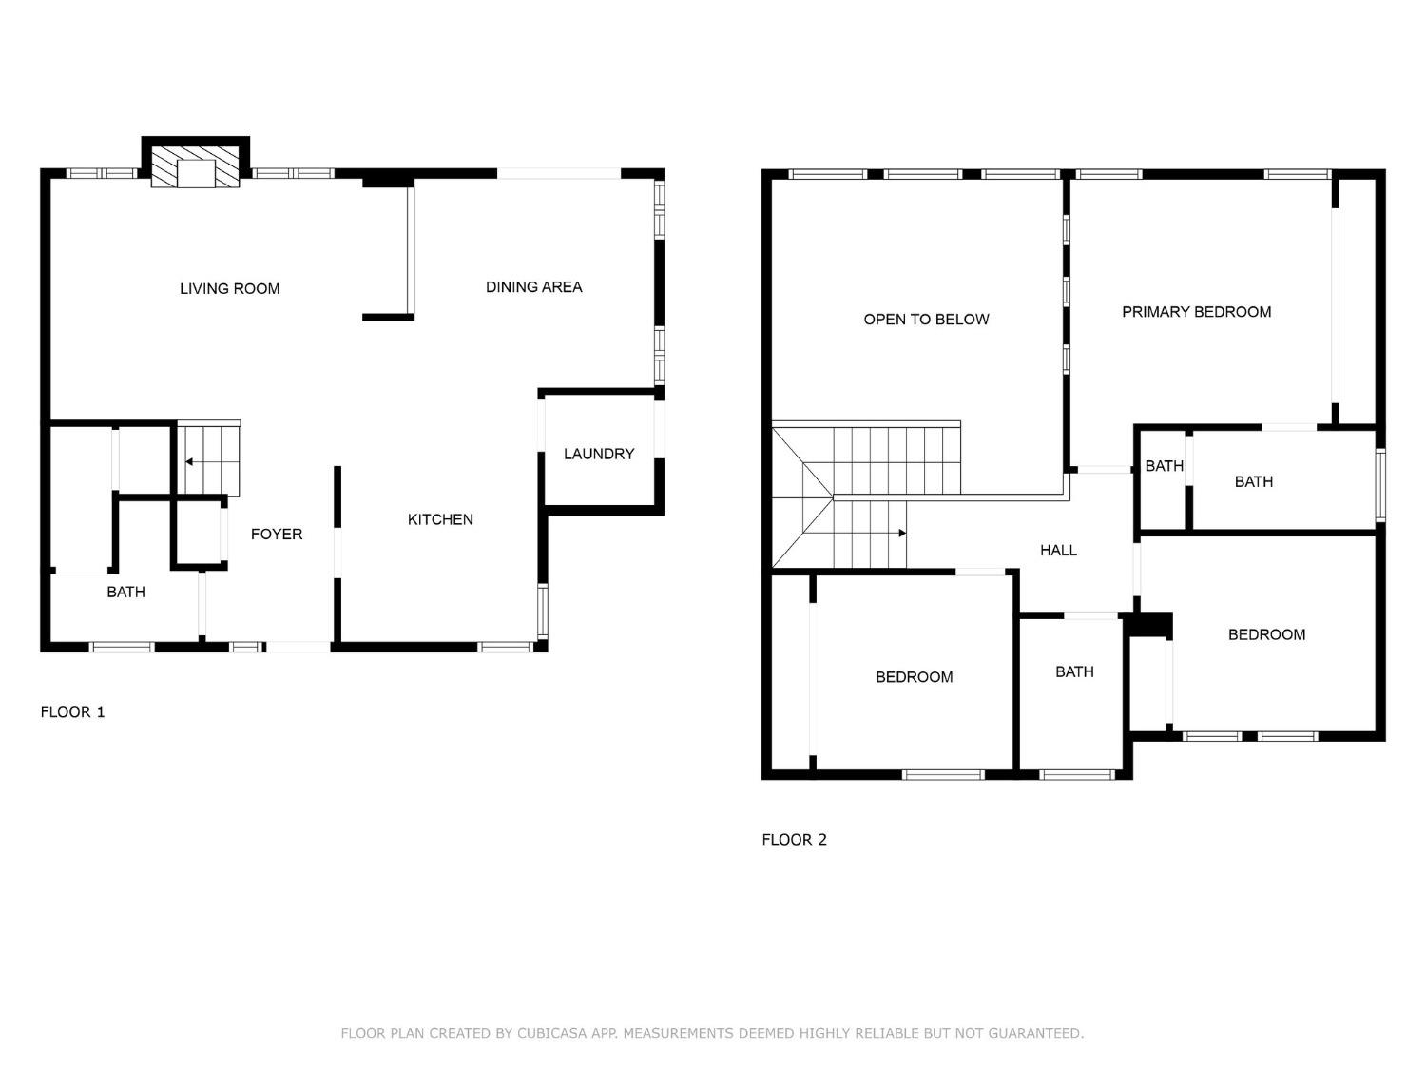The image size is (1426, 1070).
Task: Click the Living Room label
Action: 229,288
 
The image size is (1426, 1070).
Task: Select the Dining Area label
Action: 533,286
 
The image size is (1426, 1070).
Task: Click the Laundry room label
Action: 598,454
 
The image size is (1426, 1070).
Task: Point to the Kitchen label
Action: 440,519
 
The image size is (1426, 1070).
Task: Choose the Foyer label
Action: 277,534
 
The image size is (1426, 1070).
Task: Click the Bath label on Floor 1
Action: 125,592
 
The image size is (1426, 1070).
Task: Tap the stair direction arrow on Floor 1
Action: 189,462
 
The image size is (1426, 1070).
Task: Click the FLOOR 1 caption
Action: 72,711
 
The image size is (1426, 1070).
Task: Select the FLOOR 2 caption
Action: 794,839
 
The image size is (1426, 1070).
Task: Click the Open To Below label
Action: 926,319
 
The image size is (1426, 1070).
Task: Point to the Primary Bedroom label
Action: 1196,311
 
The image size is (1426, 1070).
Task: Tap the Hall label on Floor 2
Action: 1058,550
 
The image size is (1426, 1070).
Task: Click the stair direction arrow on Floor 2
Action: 901,534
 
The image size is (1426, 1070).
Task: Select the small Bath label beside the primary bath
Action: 1164,465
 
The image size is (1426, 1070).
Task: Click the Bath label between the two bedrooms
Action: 1074,671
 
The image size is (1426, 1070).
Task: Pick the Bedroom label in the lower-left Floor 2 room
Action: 914,676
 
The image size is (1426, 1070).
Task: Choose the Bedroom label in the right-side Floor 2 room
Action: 1266,634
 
